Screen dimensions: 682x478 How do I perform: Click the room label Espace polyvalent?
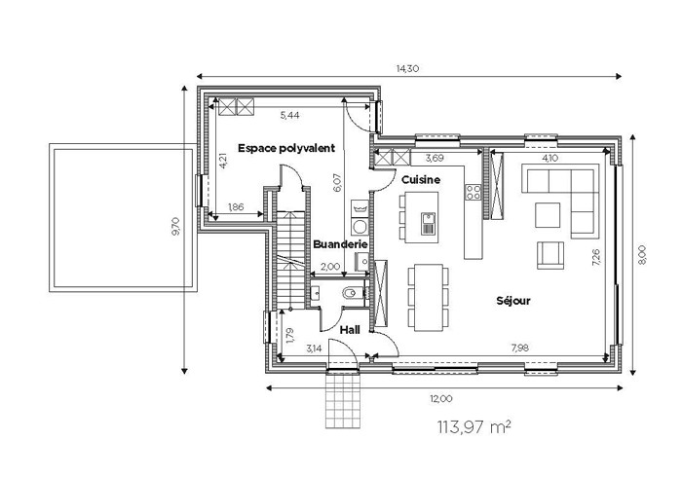click(286, 148)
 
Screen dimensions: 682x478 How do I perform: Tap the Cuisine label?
click(421, 179)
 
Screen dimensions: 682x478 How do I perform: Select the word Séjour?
click(513, 300)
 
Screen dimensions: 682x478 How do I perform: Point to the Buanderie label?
click(340, 244)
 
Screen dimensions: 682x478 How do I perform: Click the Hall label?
click(350, 330)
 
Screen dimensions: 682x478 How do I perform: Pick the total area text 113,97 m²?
click(474, 427)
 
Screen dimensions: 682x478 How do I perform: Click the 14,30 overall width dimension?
click(407, 68)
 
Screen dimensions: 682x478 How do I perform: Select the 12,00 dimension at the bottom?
click(441, 398)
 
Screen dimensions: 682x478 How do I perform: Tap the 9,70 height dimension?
click(175, 227)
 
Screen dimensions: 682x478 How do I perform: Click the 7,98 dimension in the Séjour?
click(520, 348)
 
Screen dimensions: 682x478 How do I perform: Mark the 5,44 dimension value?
click(289, 115)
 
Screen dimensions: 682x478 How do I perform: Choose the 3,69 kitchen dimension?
click(435, 158)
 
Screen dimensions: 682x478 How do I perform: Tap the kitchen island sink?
click(428, 223)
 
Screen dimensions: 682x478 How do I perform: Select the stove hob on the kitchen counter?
click(474, 192)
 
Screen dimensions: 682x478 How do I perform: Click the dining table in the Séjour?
click(429, 297)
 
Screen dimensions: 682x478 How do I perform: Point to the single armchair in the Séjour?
click(550, 255)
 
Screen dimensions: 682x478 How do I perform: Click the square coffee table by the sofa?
click(548, 215)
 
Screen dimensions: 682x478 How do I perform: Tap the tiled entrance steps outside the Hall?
click(343, 401)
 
